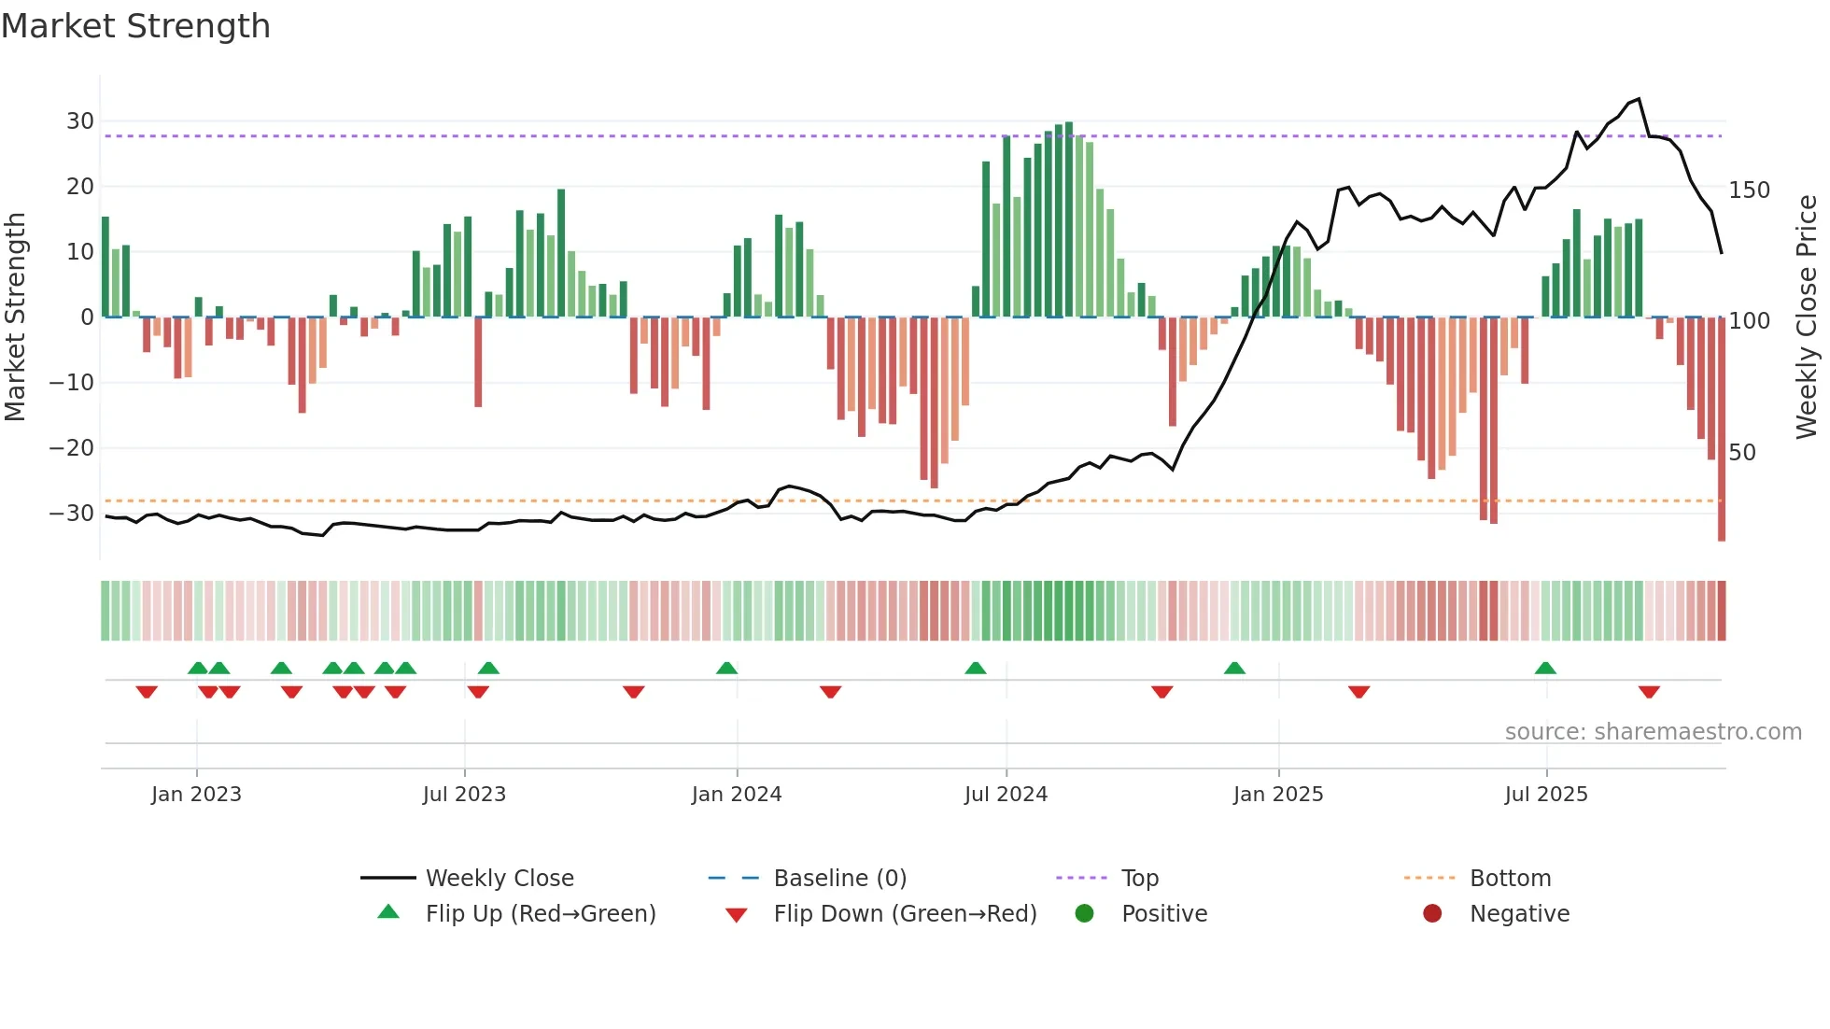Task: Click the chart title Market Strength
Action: (135, 26)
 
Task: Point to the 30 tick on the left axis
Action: (80, 121)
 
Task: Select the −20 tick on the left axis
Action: (72, 448)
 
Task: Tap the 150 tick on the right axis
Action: (1749, 190)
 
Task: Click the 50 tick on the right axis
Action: (1742, 453)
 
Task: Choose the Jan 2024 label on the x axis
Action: (737, 795)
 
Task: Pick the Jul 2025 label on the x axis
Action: (1546, 795)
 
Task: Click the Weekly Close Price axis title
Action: (1807, 317)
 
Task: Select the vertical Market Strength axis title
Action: (15, 317)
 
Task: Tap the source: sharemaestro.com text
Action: (1653, 732)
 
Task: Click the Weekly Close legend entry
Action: (500, 879)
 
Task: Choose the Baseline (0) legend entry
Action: (839, 879)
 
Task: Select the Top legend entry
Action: (1139, 879)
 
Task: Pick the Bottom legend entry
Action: (1510, 879)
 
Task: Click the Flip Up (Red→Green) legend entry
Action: (540, 914)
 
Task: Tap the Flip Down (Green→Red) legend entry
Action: (904, 914)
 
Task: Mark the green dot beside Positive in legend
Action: (1084, 914)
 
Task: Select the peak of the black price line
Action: (1639, 99)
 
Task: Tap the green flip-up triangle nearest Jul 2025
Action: (1545, 669)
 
